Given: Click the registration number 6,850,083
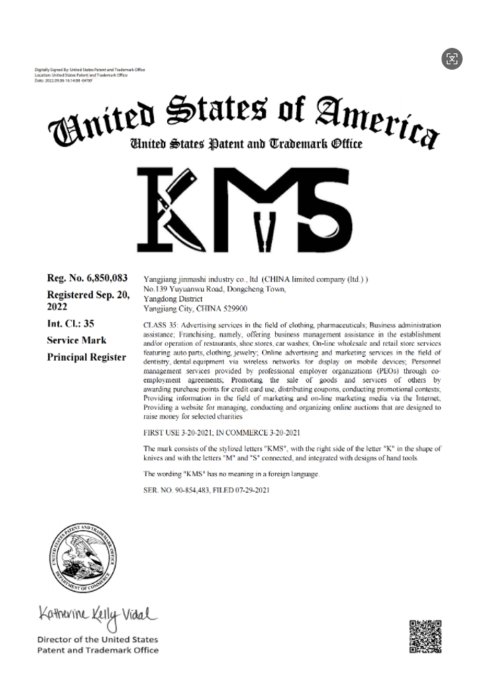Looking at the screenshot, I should pyautogui.click(x=107, y=278).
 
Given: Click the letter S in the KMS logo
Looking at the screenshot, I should pyautogui.click(x=326, y=210).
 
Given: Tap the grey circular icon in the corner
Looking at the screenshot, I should pyautogui.click(x=452, y=59).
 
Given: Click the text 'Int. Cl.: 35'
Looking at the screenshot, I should pyautogui.click(x=71, y=324).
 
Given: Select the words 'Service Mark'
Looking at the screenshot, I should pyautogui.click(x=76, y=340).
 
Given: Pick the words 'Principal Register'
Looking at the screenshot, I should pyautogui.click(x=87, y=357).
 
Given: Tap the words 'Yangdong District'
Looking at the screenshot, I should pyautogui.click(x=173, y=299).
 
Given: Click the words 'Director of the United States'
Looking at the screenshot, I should pyautogui.click(x=98, y=640).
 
